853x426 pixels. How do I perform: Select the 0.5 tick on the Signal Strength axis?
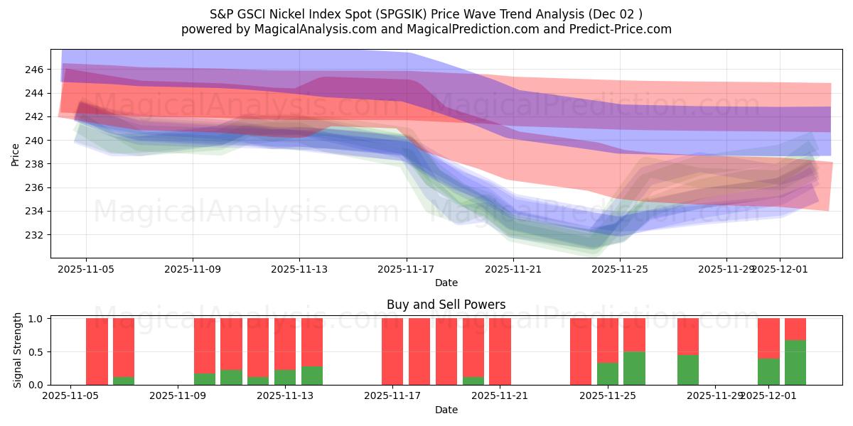(35, 351)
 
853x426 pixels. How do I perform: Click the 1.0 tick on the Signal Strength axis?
(35, 319)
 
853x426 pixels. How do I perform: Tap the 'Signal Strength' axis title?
(18, 351)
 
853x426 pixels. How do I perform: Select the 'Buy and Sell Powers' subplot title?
(446, 305)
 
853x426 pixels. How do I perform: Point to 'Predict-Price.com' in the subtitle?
(623, 29)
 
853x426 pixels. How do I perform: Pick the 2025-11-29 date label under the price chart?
(726, 269)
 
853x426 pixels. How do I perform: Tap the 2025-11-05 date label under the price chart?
(86, 269)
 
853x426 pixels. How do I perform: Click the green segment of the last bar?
(795, 362)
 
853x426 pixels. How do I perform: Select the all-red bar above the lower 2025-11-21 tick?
(500, 351)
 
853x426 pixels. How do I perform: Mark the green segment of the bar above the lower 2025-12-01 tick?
(768, 371)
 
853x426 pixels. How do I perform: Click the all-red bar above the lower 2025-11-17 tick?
(392, 351)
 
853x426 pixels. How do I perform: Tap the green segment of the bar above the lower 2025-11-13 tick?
(285, 377)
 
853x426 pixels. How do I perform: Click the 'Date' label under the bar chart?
(446, 410)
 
